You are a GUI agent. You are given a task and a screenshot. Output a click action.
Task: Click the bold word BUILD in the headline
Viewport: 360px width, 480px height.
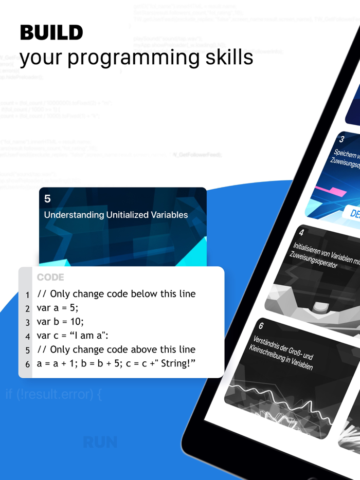51,33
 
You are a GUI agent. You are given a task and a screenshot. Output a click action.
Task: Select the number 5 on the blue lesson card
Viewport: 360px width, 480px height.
48,199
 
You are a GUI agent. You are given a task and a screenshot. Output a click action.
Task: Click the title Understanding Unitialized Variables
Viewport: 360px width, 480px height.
116,215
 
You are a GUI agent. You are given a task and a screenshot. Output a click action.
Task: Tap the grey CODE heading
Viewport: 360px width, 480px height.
50,278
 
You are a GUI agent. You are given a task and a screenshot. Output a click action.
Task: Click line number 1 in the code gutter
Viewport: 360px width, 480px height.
28,295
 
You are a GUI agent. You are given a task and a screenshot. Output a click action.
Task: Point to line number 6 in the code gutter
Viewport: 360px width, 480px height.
28,364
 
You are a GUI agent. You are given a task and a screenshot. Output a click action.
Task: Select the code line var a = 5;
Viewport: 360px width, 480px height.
58,308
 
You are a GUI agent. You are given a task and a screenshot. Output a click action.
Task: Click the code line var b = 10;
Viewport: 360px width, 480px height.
60,322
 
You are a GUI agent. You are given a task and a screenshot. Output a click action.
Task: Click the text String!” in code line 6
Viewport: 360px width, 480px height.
177,363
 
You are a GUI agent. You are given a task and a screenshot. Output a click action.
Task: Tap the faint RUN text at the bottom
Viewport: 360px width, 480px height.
100,442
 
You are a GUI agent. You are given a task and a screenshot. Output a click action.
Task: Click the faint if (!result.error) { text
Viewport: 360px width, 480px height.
54,395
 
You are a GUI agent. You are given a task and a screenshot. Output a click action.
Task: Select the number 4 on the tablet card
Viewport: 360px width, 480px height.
301,233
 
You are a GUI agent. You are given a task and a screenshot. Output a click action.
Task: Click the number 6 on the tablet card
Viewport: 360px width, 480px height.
261,326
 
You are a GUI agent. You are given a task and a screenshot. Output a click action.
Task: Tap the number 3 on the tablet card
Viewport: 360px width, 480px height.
341,139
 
